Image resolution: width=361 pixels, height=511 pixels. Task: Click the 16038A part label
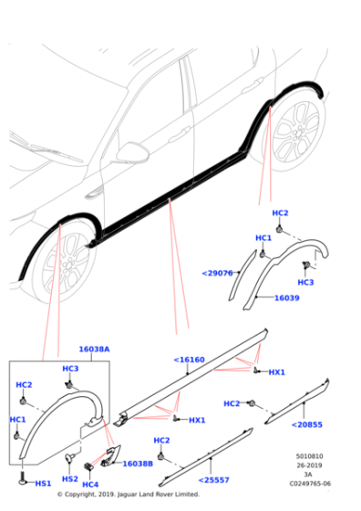[x=93, y=349]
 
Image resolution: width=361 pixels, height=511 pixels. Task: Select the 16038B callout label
[x=138, y=464]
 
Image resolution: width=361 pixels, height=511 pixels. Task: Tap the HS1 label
[x=43, y=483]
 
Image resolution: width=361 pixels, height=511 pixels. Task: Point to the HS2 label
[x=69, y=479]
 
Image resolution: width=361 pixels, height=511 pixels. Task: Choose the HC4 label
[x=90, y=485]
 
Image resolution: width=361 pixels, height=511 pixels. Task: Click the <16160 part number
[x=190, y=360]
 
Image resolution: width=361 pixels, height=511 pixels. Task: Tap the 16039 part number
[x=287, y=297]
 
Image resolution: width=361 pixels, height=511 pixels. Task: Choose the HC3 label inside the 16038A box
[x=70, y=369]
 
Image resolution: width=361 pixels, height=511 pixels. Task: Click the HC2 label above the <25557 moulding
[x=161, y=441]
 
